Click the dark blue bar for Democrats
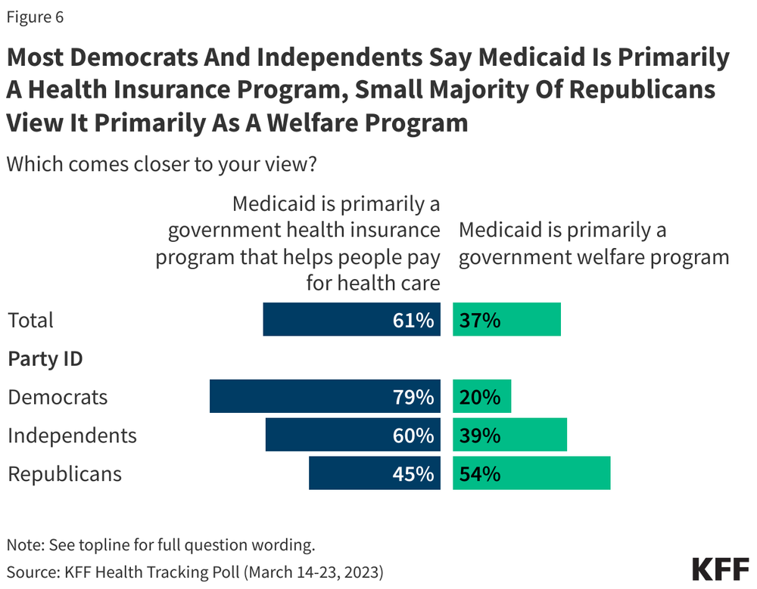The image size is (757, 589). click(303, 396)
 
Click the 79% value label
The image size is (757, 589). click(413, 396)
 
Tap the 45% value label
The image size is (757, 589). click(413, 474)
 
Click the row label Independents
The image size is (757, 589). click(72, 436)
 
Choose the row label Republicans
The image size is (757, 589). click(64, 474)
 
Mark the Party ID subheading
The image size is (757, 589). click(45, 358)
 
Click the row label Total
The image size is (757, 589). click(31, 320)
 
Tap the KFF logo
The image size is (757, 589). click(719, 569)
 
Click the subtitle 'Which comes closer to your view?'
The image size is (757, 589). click(160, 164)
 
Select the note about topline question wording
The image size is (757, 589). click(160, 544)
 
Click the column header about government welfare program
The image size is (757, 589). click(593, 243)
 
